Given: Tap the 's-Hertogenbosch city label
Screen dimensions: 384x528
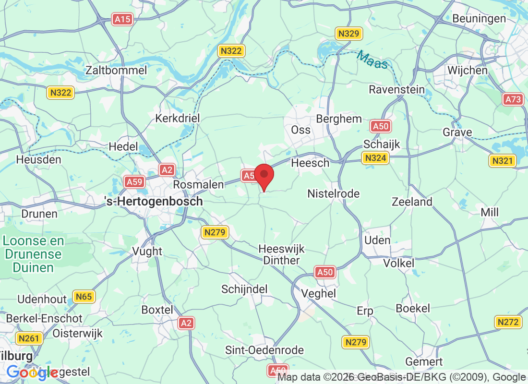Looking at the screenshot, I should [154, 202].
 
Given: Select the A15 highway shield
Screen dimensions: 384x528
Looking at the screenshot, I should [122, 19].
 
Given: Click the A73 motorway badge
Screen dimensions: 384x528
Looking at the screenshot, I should [513, 99].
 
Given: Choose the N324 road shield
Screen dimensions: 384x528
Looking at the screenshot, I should [375, 158].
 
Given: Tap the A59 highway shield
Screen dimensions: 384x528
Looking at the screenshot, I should [134, 181].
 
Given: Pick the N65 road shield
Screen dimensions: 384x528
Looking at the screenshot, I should [84, 297].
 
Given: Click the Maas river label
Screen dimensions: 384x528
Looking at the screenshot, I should [372, 60].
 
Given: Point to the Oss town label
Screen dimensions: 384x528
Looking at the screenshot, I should [301, 130].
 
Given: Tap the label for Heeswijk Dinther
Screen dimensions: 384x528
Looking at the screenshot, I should [281, 254].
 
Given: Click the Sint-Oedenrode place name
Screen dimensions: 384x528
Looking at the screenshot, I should [264, 350].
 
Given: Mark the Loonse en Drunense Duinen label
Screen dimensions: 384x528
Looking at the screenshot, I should [33, 254].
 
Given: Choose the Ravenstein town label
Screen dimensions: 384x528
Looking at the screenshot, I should [396, 89].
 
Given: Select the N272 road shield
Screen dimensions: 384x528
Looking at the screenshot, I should [508, 322].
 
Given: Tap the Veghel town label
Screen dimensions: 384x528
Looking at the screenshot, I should [318, 293].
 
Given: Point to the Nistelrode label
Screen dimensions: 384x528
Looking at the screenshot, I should [334, 193].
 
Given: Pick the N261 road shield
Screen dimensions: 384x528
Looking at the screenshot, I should [28, 339].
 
